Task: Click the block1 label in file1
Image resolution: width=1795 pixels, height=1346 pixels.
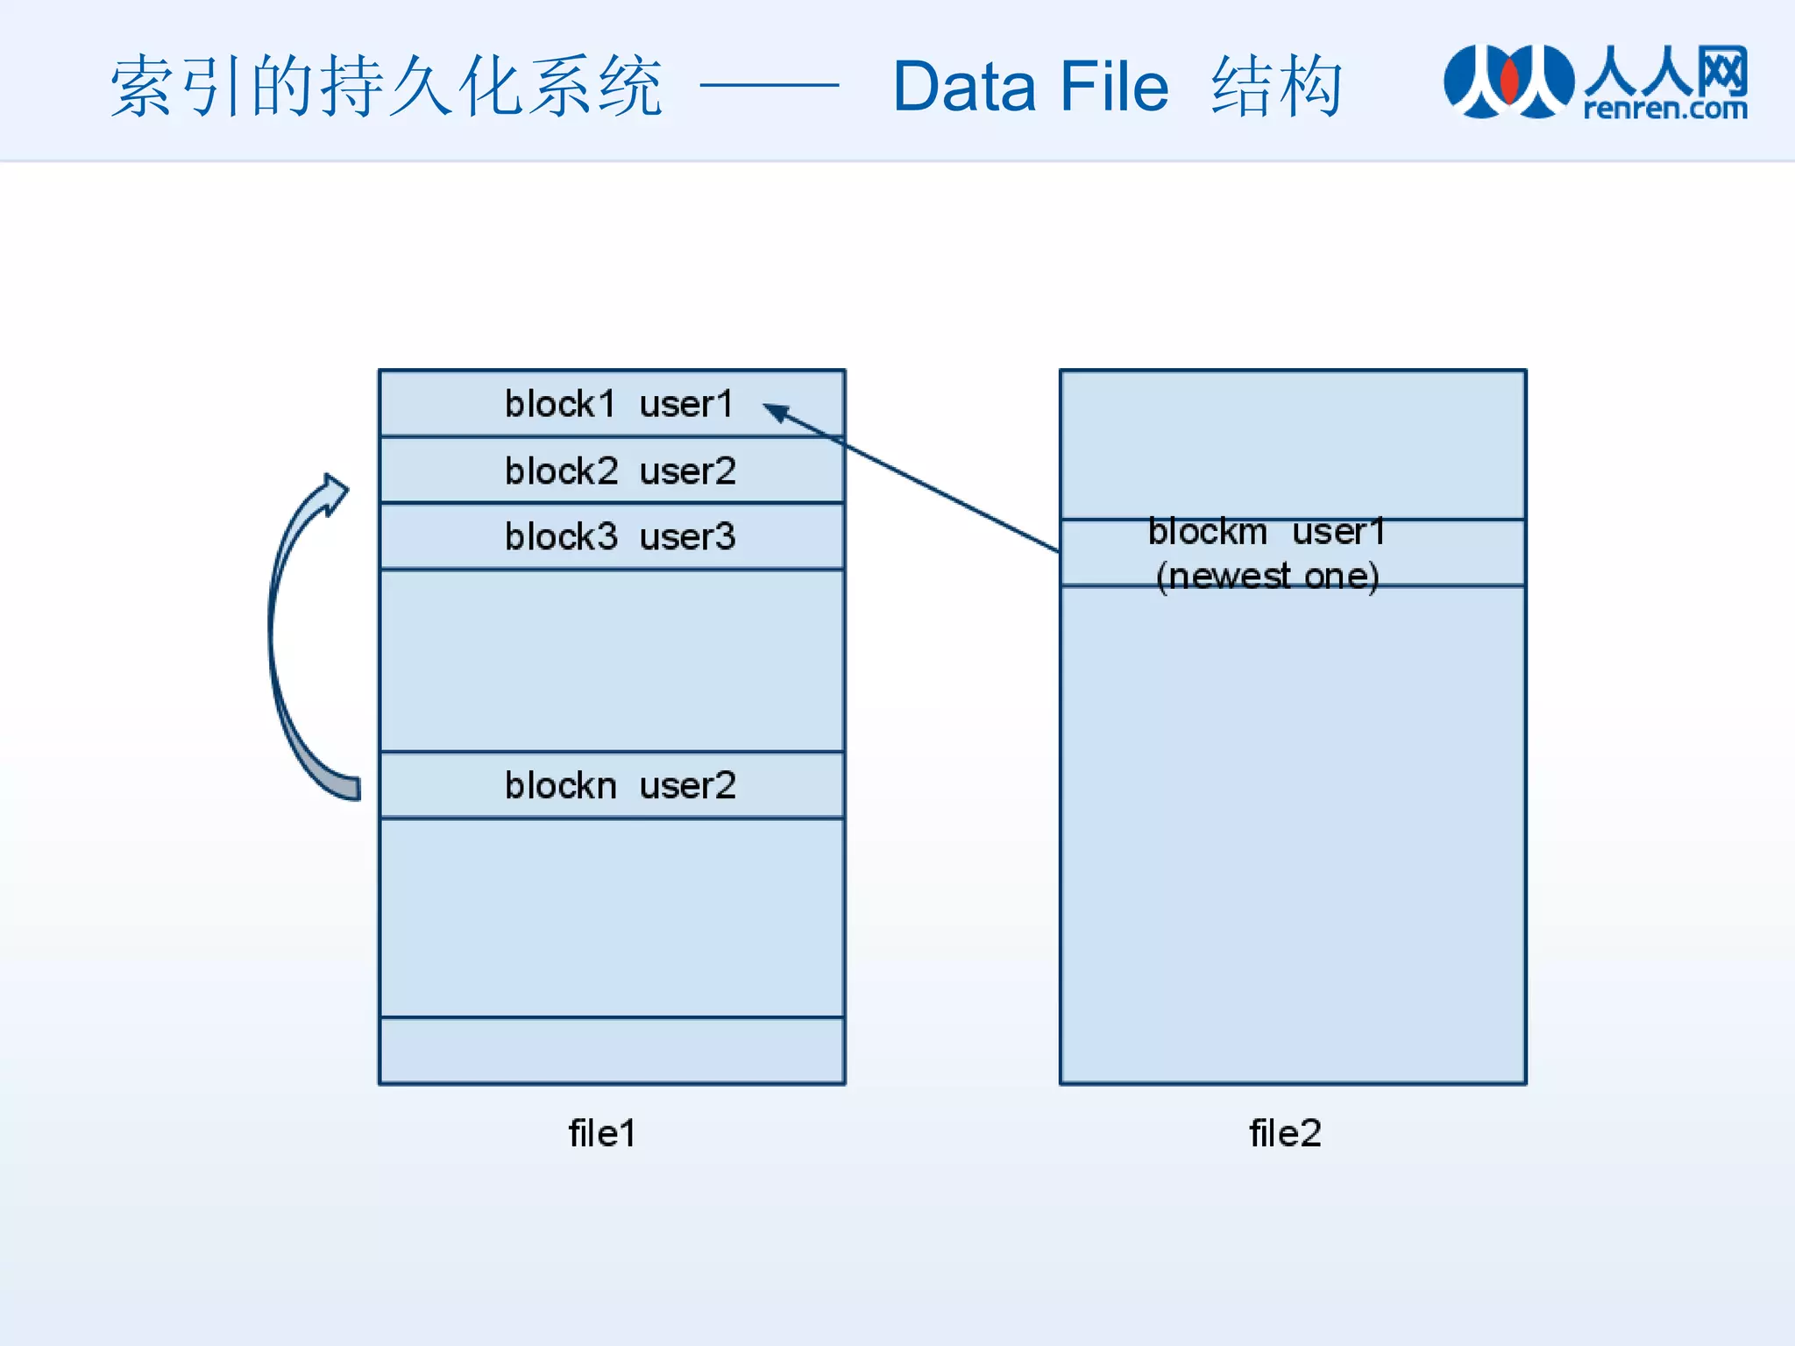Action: coord(560,404)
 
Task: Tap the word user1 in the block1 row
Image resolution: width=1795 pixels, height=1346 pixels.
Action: coord(685,404)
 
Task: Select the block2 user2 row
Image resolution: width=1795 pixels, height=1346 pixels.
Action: coord(612,471)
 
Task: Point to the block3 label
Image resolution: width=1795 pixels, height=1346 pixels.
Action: coord(561,536)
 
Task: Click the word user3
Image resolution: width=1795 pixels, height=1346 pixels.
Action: coord(687,536)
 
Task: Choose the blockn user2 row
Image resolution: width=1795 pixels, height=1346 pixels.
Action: coord(612,785)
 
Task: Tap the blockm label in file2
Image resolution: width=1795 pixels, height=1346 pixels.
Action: coord(1208,532)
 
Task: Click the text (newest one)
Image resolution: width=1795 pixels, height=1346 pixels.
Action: coord(1267,577)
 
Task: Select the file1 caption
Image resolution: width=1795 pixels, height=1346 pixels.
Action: coord(601,1133)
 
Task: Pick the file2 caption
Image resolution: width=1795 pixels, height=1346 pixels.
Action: coord(1285,1133)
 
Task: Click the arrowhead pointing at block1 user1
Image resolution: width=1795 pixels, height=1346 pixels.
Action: coord(777,411)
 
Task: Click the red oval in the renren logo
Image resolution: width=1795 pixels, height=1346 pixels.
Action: coord(1509,79)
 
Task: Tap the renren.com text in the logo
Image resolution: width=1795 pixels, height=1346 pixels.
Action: coord(1665,109)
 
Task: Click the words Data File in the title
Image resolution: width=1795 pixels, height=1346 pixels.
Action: coord(1031,87)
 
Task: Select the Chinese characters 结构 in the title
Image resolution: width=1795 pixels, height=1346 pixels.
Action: coord(1277,87)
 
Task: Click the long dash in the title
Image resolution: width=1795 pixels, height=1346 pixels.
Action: coord(770,86)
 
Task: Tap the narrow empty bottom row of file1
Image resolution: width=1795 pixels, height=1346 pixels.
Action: coord(612,1051)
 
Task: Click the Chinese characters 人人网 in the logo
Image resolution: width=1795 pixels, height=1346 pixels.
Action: coord(1665,70)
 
